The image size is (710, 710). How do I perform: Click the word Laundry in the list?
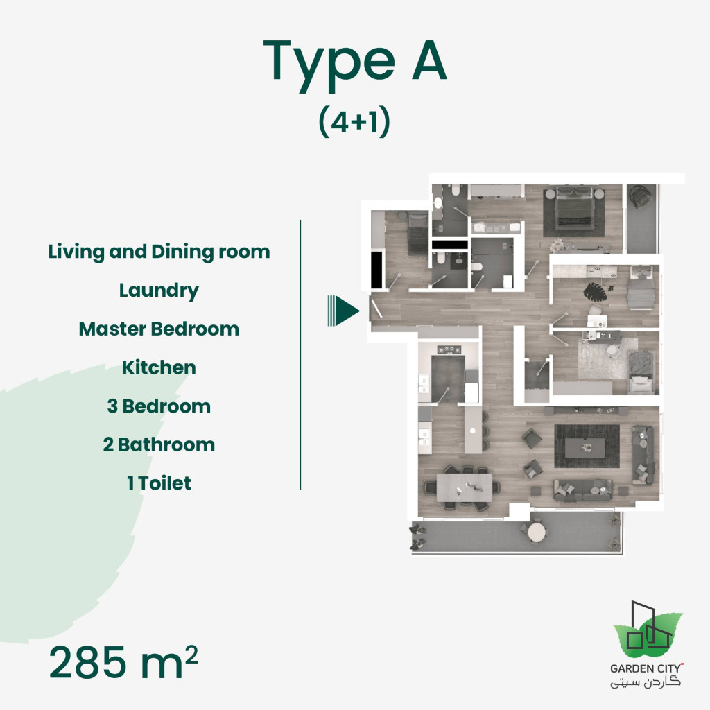click(159, 291)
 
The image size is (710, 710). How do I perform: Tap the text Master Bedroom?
click(159, 329)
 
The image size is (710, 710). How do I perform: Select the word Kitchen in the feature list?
click(159, 367)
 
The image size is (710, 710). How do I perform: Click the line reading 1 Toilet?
click(159, 483)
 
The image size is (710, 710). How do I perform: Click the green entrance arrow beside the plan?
click(343, 310)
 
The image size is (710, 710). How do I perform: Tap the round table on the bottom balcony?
click(537, 532)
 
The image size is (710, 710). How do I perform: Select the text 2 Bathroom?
click(159, 444)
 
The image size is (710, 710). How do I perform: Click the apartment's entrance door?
click(375, 307)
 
